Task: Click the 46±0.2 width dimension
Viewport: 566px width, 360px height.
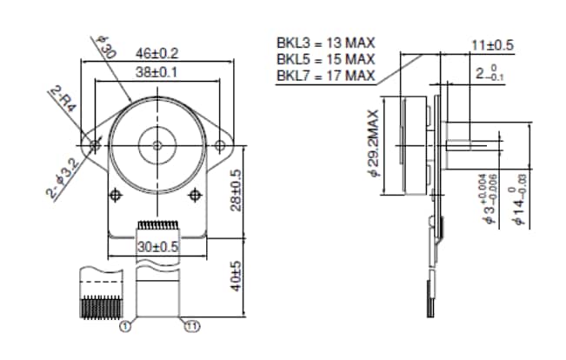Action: coord(156,54)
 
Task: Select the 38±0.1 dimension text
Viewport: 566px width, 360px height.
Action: coord(157,73)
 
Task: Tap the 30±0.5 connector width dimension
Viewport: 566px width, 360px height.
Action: coord(156,246)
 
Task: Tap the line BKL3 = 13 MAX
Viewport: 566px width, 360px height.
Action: coord(326,43)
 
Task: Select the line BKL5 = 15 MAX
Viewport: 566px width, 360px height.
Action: coord(326,59)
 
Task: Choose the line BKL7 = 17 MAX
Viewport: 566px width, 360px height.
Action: coord(326,76)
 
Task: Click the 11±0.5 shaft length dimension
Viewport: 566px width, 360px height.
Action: coord(492,45)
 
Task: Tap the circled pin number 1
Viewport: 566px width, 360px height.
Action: coord(125,327)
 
